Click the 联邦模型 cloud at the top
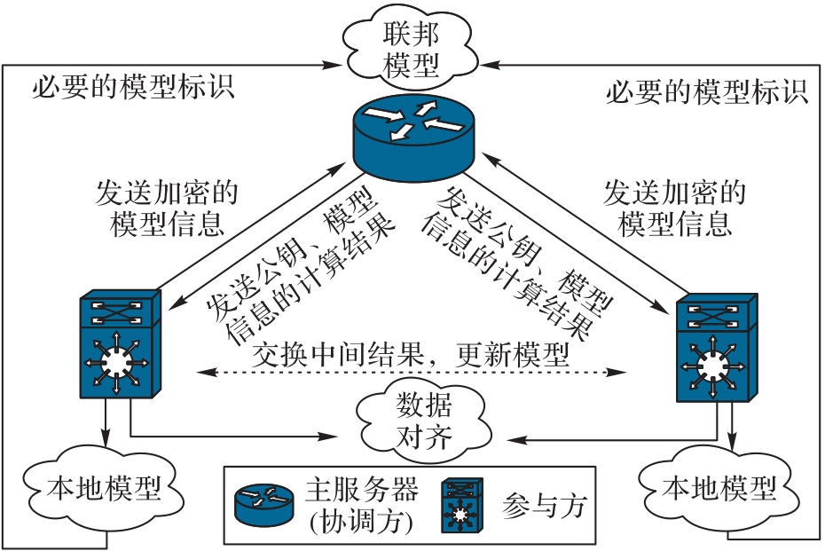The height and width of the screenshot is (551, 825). [x=409, y=49]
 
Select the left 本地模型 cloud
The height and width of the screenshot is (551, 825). [x=104, y=487]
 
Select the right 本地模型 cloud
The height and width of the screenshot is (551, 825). [x=719, y=487]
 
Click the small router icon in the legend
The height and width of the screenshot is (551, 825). [x=263, y=503]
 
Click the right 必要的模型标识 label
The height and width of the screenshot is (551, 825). [x=707, y=91]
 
